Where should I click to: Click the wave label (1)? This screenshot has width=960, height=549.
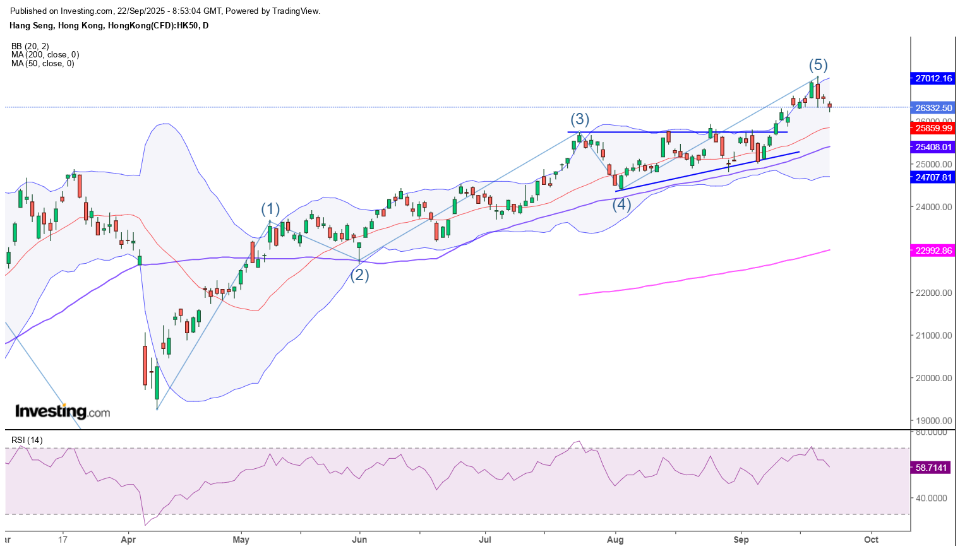coord(270,210)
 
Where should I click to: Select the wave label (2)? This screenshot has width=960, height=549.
coord(359,275)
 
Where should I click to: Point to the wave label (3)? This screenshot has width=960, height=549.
coord(580,119)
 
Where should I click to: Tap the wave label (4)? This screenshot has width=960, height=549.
coord(621,204)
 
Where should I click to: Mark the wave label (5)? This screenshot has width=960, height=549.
coord(818,65)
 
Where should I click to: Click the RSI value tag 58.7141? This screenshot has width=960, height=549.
coord(932,468)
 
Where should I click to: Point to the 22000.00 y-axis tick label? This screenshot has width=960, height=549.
coord(933,293)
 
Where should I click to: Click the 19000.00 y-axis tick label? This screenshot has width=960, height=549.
coord(933,421)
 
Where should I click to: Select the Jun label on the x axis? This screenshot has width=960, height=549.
coord(359,540)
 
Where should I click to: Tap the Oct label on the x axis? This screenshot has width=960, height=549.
coord(871,540)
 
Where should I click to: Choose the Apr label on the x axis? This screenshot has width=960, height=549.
coord(128,540)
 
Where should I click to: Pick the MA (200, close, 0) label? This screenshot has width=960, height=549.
coord(45,55)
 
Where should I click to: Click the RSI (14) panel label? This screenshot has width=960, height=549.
coord(27,440)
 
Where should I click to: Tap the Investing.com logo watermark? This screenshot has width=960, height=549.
coord(63,411)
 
